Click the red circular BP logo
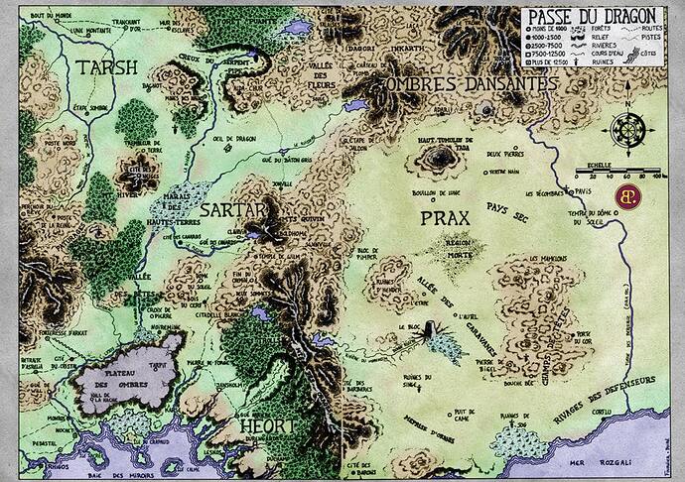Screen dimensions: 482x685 tap(627, 192)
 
